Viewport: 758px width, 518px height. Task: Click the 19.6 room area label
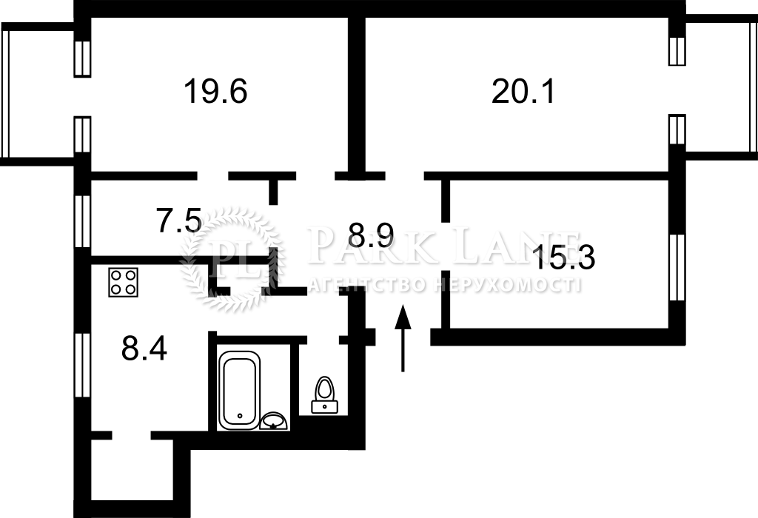click(215, 91)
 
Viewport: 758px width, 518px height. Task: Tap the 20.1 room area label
click(523, 91)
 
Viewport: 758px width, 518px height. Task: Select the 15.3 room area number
click(563, 257)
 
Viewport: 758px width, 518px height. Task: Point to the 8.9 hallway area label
click(372, 236)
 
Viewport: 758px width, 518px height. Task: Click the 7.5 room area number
click(179, 220)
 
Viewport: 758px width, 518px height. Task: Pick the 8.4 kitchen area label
click(144, 348)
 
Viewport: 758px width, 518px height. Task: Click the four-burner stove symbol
click(124, 282)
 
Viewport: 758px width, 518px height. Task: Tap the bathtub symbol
click(239, 390)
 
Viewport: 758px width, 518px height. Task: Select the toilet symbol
click(324, 394)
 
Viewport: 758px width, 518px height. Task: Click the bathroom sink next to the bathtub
click(274, 421)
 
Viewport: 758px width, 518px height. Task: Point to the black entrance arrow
click(403, 338)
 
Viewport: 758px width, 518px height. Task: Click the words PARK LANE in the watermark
click(443, 246)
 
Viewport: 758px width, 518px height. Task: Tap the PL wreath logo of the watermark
click(231, 258)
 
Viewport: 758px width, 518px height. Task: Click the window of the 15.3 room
click(678, 267)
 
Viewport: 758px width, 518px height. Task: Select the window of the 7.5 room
click(83, 221)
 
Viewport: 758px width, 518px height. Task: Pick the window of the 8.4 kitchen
click(83, 365)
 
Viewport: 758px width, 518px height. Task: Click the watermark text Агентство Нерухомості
click(444, 285)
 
